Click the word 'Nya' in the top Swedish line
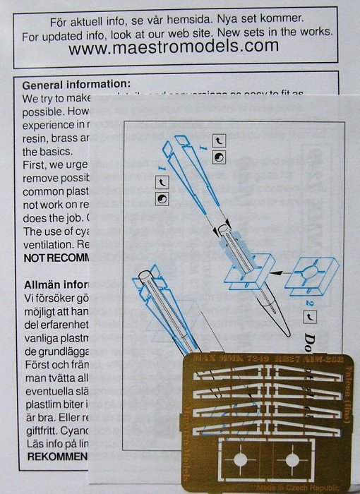point(257,18)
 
